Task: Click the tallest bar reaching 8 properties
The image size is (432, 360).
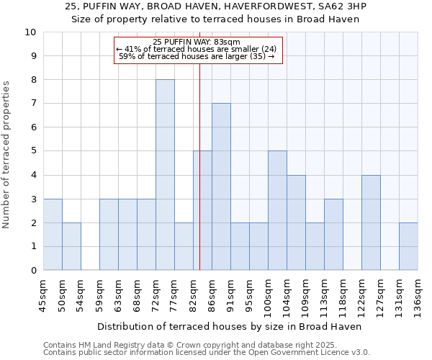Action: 165,175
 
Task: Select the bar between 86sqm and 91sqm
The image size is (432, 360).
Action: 221,187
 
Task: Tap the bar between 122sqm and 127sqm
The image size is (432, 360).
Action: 371,222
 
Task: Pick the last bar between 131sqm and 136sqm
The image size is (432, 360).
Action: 408,246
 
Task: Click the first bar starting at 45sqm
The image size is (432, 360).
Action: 53,235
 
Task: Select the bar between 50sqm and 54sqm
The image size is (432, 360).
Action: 71,246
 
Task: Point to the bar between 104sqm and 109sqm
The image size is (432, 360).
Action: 296,222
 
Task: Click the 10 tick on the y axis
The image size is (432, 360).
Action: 31,32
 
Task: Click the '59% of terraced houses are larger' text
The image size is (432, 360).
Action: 197,56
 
